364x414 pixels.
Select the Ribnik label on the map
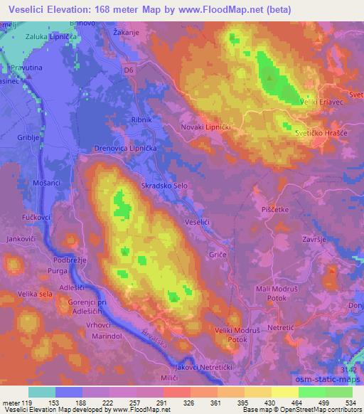(141, 120)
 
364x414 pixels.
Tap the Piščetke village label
(275, 209)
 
